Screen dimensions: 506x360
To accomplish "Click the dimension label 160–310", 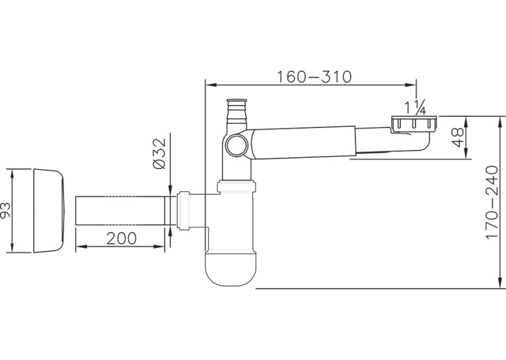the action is (x=314, y=77).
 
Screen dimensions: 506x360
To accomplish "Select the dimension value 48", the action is (x=457, y=137).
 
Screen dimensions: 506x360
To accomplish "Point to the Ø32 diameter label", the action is (x=159, y=153).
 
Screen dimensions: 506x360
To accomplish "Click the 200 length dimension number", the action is (x=122, y=238).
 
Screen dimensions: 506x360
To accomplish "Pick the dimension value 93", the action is (x=5, y=210).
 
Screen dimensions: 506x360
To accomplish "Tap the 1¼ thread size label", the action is (x=416, y=107).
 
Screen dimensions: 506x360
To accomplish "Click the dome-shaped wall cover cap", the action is (x=50, y=210).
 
